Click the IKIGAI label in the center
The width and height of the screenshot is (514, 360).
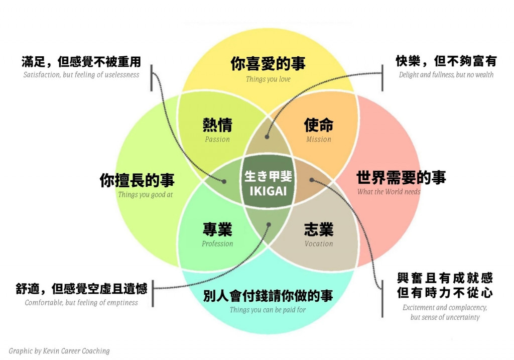(x=268, y=191)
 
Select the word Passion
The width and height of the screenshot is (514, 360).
(x=217, y=140)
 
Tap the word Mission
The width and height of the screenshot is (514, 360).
(x=319, y=140)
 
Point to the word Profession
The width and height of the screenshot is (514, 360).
(x=217, y=244)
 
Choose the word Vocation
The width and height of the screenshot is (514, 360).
(x=319, y=244)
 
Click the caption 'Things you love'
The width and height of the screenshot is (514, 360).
(x=268, y=79)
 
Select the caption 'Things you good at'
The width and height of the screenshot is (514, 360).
(x=145, y=195)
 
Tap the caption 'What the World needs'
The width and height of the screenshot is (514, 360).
(x=389, y=192)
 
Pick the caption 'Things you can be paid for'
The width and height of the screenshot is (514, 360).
(x=268, y=310)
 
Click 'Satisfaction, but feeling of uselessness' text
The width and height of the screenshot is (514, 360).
(x=81, y=75)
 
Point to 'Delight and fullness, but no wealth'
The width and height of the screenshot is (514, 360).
(x=446, y=75)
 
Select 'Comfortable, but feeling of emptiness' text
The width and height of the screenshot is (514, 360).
(x=81, y=303)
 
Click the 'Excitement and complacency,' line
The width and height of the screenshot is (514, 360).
(x=445, y=308)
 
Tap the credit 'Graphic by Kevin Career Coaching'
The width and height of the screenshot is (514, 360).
(x=59, y=351)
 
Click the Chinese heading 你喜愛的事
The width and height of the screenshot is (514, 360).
(x=268, y=64)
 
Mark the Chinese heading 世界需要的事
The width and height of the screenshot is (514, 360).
(x=401, y=177)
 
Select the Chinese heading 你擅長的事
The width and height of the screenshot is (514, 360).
(x=137, y=180)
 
